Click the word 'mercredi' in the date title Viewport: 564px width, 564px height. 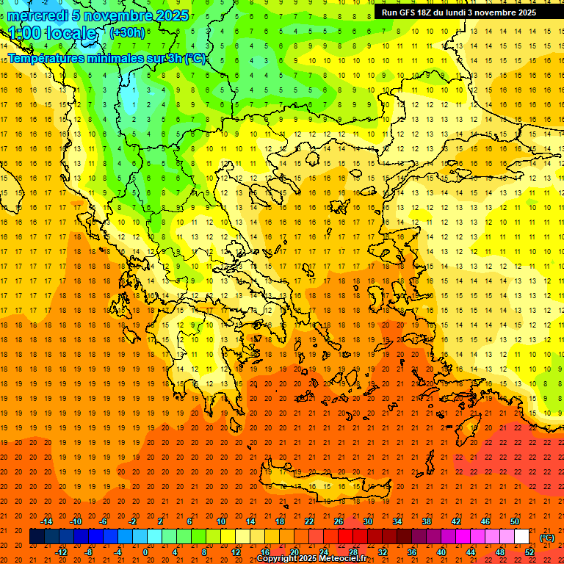tap(37, 15)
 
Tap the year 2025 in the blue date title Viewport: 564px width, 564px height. tap(171, 15)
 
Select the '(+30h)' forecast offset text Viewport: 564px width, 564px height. tap(126, 33)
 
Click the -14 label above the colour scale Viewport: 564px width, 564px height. tap(46, 521)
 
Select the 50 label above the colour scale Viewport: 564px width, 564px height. tap(515, 521)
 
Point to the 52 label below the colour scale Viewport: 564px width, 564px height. tap(529, 552)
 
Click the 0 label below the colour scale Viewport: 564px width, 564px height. tap(145, 552)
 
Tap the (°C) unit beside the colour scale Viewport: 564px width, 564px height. tap(547, 537)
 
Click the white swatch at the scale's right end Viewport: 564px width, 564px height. tap(521, 537)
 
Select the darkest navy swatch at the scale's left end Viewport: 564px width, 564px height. tap(37, 537)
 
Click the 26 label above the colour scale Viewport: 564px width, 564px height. tap(339, 521)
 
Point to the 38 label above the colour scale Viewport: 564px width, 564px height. tap(427, 521)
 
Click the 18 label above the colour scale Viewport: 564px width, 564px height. tap(280, 521)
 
